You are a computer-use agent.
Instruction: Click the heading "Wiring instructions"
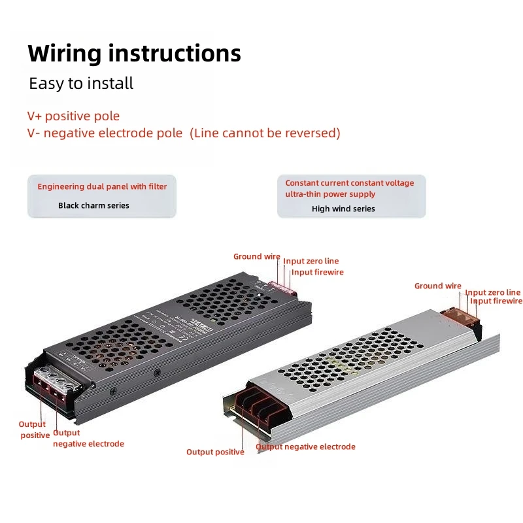click(x=134, y=53)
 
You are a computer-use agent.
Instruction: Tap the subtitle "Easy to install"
click(x=81, y=84)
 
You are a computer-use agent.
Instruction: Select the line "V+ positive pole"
click(x=73, y=116)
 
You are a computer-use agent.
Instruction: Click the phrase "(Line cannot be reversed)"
click(x=265, y=133)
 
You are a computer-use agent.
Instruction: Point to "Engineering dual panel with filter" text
click(x=102, y=187)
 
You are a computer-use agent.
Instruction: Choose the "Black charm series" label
click(x=93, y=205)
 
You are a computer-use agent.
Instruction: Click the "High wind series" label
click(x=343, y=209)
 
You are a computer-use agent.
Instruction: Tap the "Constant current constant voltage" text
click(x=350, y=183)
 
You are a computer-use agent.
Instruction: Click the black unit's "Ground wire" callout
click(x=257, y=257)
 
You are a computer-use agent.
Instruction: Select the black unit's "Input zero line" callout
click(x=311, y=261)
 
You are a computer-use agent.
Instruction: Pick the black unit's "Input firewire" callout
click(x=318, y=272)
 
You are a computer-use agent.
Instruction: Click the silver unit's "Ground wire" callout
click(x=438, y=286)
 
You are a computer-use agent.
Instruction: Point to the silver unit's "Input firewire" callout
click(x=497, y=301)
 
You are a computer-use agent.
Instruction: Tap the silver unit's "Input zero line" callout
click(x=493, y=292)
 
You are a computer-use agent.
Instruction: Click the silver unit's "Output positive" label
click(x=215, y=452)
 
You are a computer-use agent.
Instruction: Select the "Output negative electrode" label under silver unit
click(x=306, y=447)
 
